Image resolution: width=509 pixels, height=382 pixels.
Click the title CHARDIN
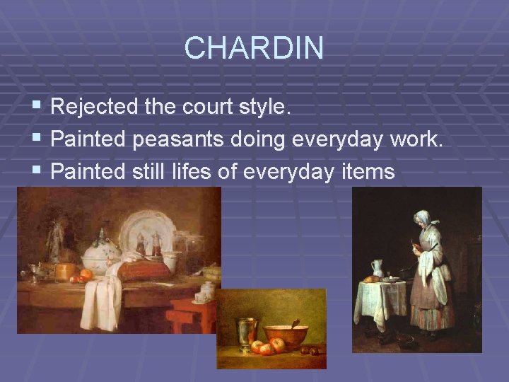click(254, 48)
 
